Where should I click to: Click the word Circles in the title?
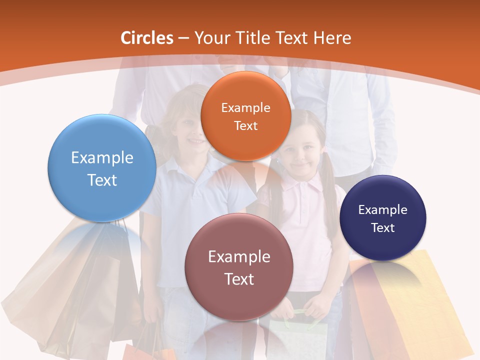click(x=146, y=38)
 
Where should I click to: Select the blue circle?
click(x=102, y=168)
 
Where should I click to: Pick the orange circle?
click(x=245, y=116)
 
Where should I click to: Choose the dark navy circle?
click(x=383, y=218)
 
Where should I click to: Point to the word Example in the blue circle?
click(x=102, y=157)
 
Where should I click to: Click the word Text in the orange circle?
click(x=245, y=125)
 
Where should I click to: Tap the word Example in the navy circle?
click(x=383, y=209)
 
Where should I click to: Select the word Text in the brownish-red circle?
click(x=239, y=279)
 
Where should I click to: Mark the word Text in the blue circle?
click(x=102, y=180)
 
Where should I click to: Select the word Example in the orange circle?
click(x=245, y=107)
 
